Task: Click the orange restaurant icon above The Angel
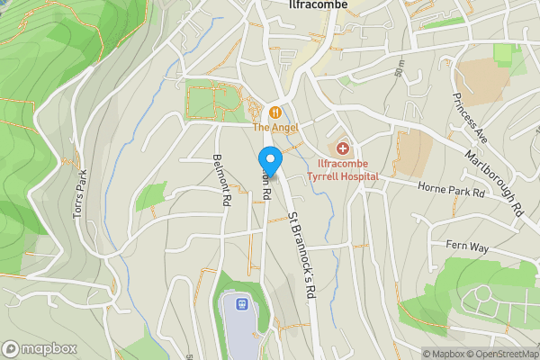pyautogui.click(x=275, y=112)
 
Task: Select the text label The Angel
pyautogui.click(x=274, y=128)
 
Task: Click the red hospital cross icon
pyautogui.click(x=343, y=148)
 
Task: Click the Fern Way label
pyautogui.click(x=465, y=245)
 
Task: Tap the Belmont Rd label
pyautogui.click(x=219, y=179)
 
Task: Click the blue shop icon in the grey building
pyautogui.click(x=240, y=304)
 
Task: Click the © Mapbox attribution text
pyautogui.click(x=444, y=354)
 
